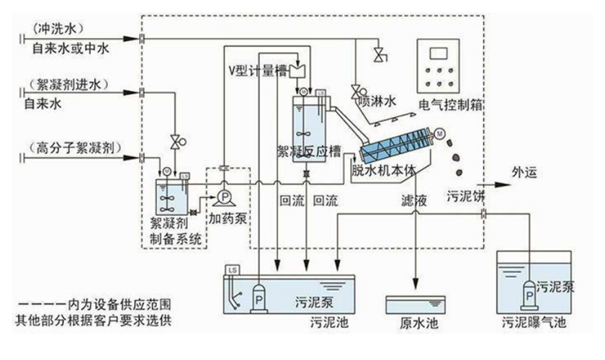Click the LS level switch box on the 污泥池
[x=233, y=270]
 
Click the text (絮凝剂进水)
[x=67, y=85]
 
